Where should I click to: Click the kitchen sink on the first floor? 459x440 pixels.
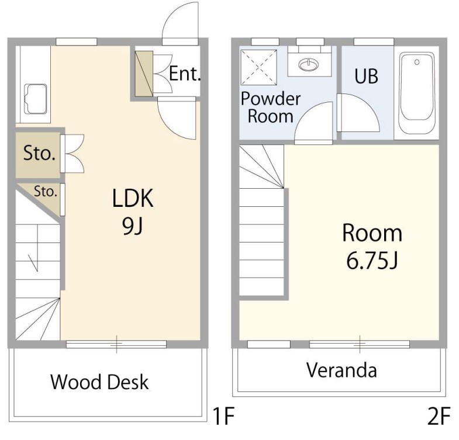click(36, 99)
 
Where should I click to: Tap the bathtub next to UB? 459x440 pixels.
click(417, 93)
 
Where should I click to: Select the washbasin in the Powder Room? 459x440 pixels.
click(309, 64)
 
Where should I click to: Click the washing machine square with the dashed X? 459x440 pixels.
click(258, 67)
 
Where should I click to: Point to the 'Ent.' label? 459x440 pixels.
click(185, 74)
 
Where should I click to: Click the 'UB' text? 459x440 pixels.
click(366, 76)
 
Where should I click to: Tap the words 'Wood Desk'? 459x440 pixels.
click(99, 382)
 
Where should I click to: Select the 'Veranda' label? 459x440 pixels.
click(341, 370)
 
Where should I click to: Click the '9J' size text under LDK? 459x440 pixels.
click(133, 227)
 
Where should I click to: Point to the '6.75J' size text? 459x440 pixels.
click(372, 261)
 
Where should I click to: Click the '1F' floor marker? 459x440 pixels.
click(223, 416)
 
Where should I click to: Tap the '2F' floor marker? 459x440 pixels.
click(438, 416)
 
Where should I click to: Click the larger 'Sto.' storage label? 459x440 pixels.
click(39, 153)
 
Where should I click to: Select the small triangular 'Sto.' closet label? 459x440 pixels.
click(46, 192)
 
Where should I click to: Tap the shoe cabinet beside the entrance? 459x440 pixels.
click(144, 74)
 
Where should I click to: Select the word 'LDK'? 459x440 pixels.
click(133, 198)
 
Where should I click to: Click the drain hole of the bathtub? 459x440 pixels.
click(417, 62)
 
